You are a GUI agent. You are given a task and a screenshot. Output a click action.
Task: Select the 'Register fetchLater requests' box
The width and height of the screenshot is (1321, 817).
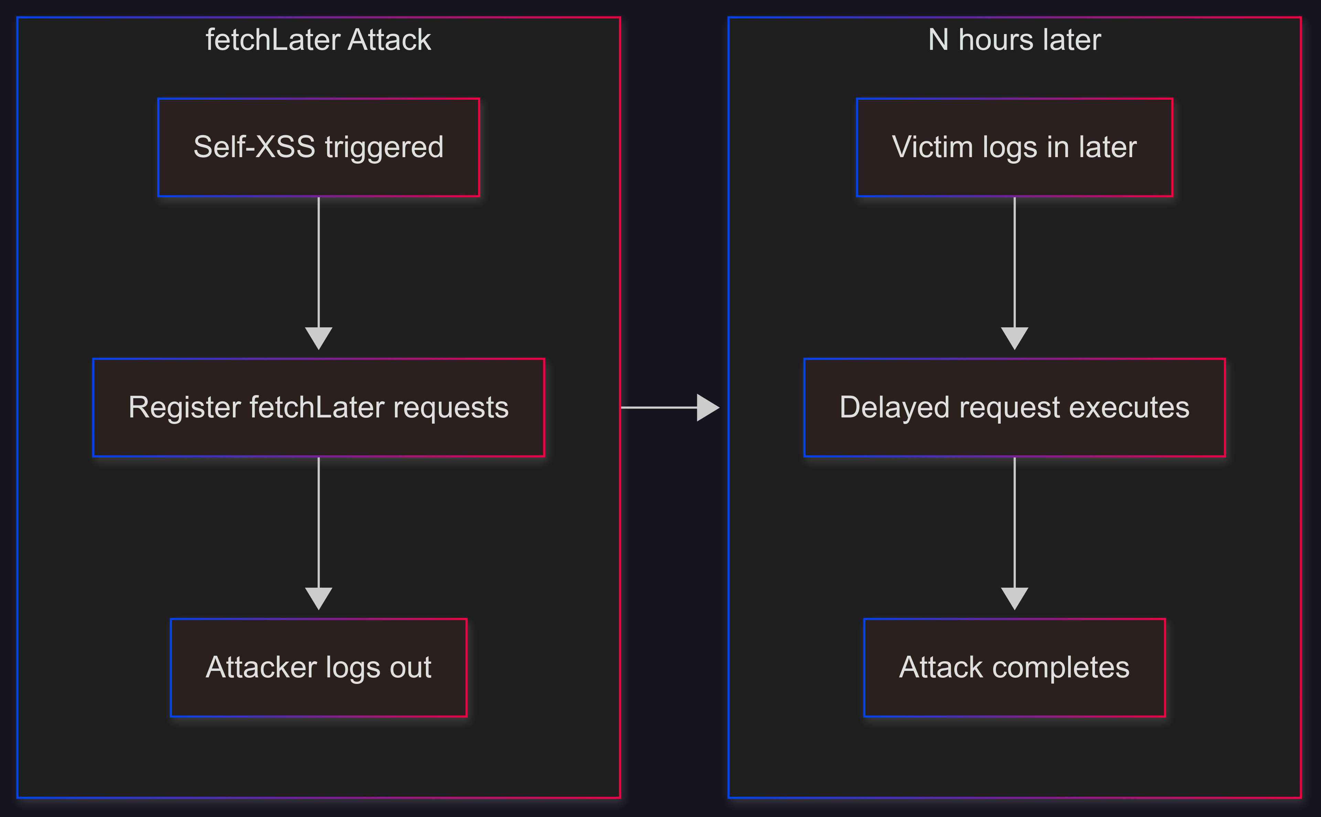click(318, 407)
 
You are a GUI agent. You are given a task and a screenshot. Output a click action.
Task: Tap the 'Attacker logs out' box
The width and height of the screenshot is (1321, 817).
click(318, 667)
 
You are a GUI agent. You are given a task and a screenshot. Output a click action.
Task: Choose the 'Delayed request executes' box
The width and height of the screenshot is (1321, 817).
click(1014, 407)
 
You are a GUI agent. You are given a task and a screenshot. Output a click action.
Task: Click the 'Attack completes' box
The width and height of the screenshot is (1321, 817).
click(1014, 667)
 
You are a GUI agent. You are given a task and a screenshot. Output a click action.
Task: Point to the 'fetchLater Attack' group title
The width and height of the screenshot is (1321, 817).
click(318, 40)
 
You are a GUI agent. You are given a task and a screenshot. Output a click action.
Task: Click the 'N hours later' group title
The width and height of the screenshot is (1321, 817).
click(1014, 40)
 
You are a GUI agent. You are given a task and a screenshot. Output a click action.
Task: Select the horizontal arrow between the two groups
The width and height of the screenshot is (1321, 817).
click(670, 407)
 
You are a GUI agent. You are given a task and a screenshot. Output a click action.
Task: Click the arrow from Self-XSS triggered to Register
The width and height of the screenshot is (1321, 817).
click(318, 273)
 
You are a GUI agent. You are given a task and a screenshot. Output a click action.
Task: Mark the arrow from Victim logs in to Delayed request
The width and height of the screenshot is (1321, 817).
click(1014, 273)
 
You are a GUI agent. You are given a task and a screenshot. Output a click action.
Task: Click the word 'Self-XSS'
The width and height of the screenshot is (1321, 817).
click(254, 147)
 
